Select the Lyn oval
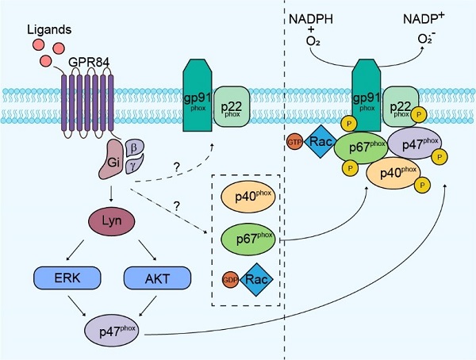(111, 220)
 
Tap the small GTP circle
(296, 141)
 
